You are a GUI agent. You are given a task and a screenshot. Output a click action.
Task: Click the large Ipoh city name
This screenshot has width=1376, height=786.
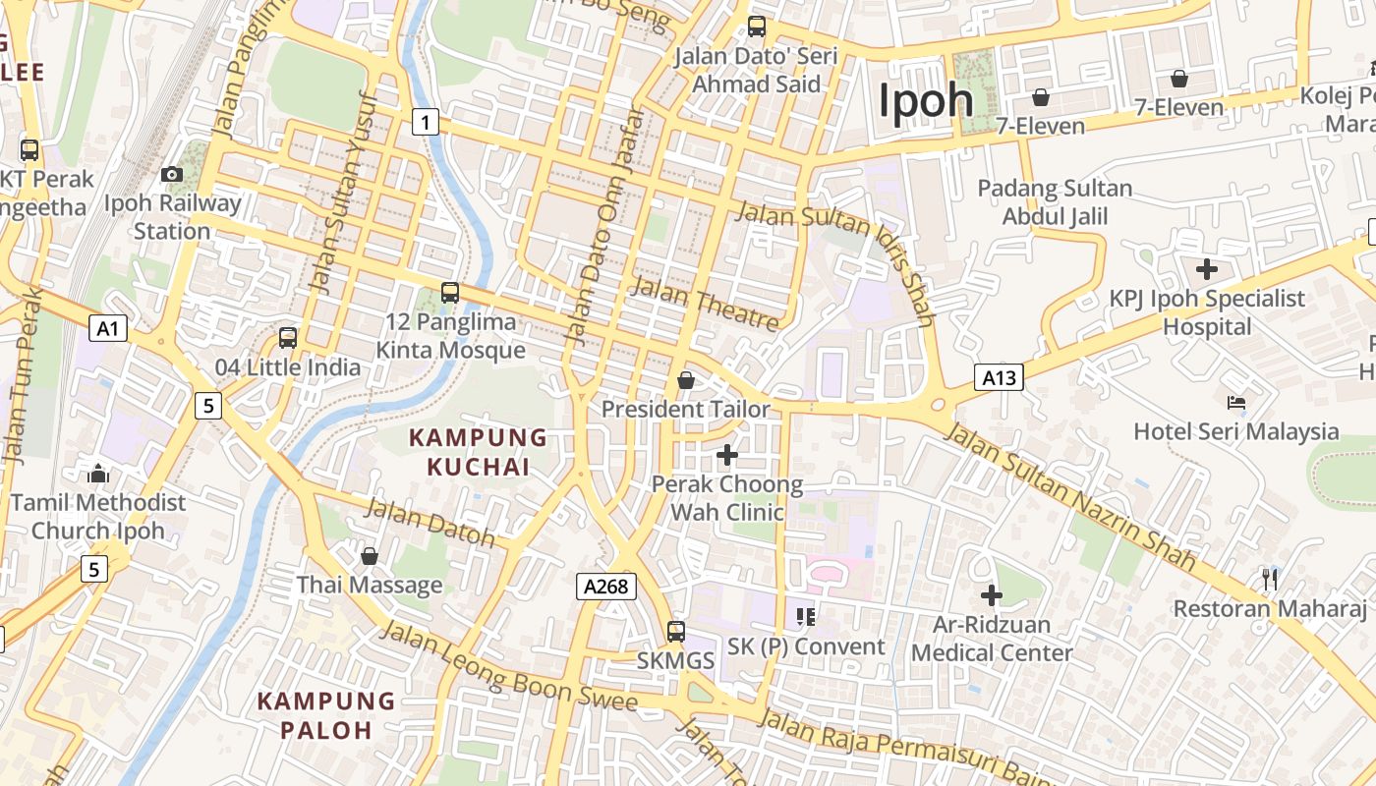[x=926, y=100]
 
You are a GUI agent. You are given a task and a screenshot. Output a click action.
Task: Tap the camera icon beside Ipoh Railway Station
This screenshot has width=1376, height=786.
[x=172, y=174]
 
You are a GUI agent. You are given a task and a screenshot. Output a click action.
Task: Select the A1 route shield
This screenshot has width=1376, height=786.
[x=108, y=328]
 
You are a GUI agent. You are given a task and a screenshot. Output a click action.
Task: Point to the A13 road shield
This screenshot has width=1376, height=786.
[x=999, y=377]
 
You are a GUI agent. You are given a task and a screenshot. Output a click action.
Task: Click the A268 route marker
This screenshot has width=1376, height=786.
[x=605, y=587]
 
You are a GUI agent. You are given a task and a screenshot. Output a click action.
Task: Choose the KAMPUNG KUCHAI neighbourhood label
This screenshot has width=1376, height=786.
[x=478, y=452]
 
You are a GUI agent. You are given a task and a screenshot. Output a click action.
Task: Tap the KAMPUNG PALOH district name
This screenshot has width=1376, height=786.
[x=325, y=715]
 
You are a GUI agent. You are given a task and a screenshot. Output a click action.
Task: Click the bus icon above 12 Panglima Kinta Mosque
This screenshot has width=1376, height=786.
[x=450, y=292]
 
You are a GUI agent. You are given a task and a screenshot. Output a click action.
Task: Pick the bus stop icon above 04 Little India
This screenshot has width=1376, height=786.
[x=288, y=338]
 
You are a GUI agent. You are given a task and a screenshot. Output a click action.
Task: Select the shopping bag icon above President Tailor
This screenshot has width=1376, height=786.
[x=686, y=379]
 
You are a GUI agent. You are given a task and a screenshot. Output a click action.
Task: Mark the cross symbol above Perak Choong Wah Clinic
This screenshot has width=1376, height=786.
[x=727, y=455]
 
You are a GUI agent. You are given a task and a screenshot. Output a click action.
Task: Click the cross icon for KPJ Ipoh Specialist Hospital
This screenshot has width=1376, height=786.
[x=1206, y=268]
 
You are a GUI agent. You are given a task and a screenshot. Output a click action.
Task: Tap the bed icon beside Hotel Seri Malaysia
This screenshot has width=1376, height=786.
[x=1236, y=403]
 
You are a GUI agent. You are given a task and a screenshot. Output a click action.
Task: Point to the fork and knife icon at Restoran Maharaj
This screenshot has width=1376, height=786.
[x=1270, y=579]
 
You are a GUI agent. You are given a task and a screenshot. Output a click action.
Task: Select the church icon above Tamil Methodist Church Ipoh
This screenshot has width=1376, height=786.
[x=98, y=474]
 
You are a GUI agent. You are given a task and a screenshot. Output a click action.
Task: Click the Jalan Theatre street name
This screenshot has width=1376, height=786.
[x=706, y=304]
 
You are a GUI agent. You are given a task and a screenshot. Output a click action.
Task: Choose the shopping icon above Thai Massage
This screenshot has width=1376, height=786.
[x=370, y=556]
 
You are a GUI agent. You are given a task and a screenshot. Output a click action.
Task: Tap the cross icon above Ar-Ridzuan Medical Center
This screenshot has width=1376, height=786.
[x=992, y=594]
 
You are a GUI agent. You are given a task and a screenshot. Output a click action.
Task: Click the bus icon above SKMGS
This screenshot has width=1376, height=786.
[x=676, y=631]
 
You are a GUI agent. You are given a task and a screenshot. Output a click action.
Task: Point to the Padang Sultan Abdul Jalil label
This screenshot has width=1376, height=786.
[x=1055, y=201]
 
